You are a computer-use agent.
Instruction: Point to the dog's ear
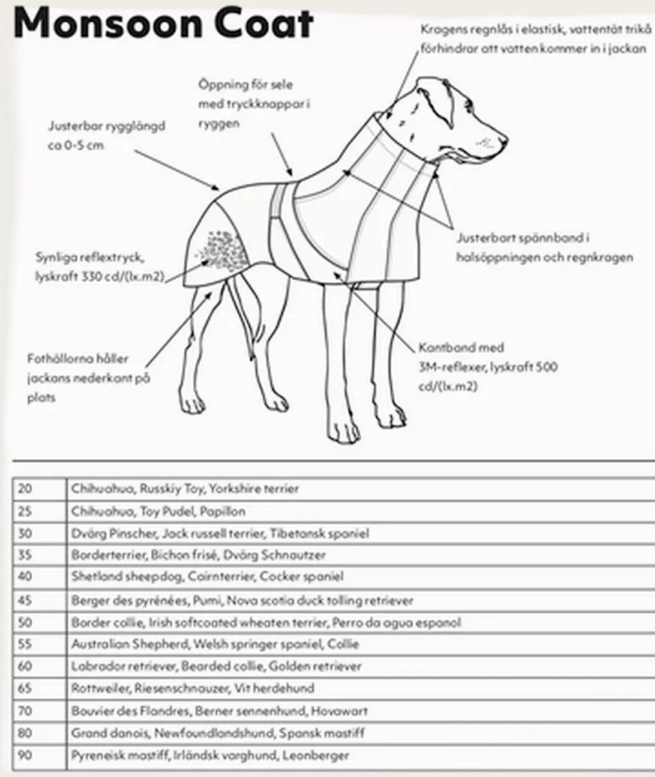pos(437,99)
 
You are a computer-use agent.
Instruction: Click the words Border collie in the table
pos(103,623)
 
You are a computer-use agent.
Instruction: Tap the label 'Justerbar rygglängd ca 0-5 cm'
pos(106,136)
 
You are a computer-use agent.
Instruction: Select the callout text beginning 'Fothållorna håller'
pos(87,378)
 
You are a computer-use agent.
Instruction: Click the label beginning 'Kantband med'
pos(488,367)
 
